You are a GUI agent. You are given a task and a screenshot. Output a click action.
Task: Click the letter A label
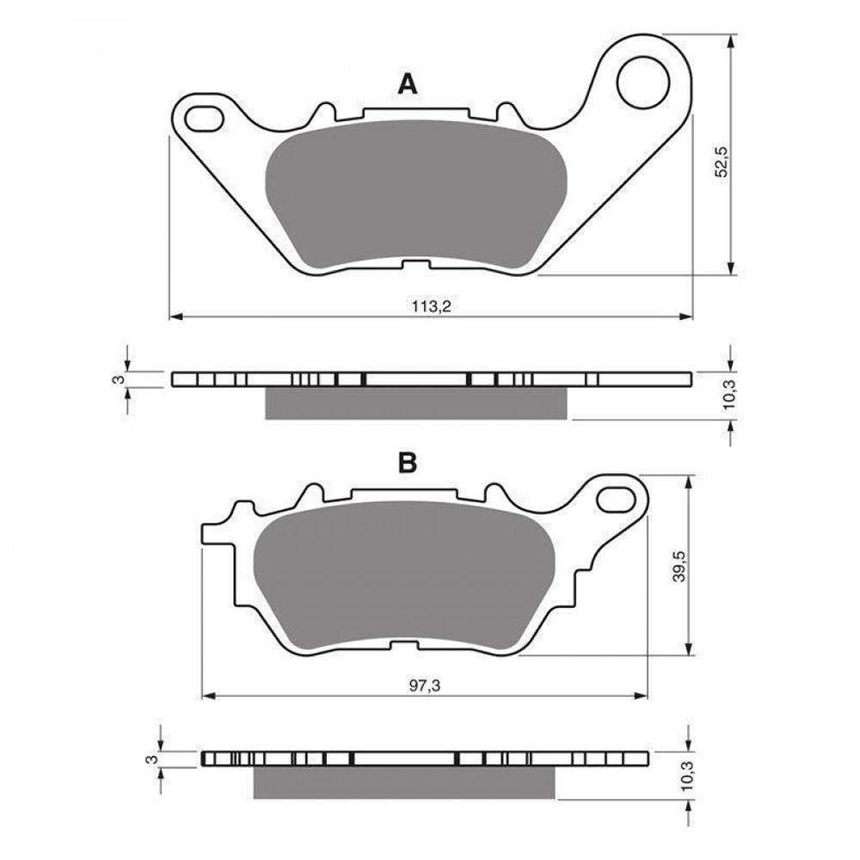pos(407,83)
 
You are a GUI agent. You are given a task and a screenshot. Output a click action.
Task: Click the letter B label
pos(407,464)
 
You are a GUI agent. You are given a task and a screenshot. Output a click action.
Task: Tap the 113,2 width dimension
pos(430,306)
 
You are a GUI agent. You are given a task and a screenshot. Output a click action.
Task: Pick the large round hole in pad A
pos(643,81)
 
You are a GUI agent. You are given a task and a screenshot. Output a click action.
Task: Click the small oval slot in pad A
pos(204,116)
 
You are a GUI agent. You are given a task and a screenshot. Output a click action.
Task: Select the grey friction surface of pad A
pos(415,193)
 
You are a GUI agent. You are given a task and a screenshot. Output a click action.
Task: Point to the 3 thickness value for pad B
pos(151,759)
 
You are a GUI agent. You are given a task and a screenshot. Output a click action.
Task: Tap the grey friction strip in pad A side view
pos(416,403)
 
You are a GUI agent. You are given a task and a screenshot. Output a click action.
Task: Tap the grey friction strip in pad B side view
pos(404,782)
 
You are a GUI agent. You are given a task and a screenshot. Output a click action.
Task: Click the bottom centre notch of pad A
pos(416,265)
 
